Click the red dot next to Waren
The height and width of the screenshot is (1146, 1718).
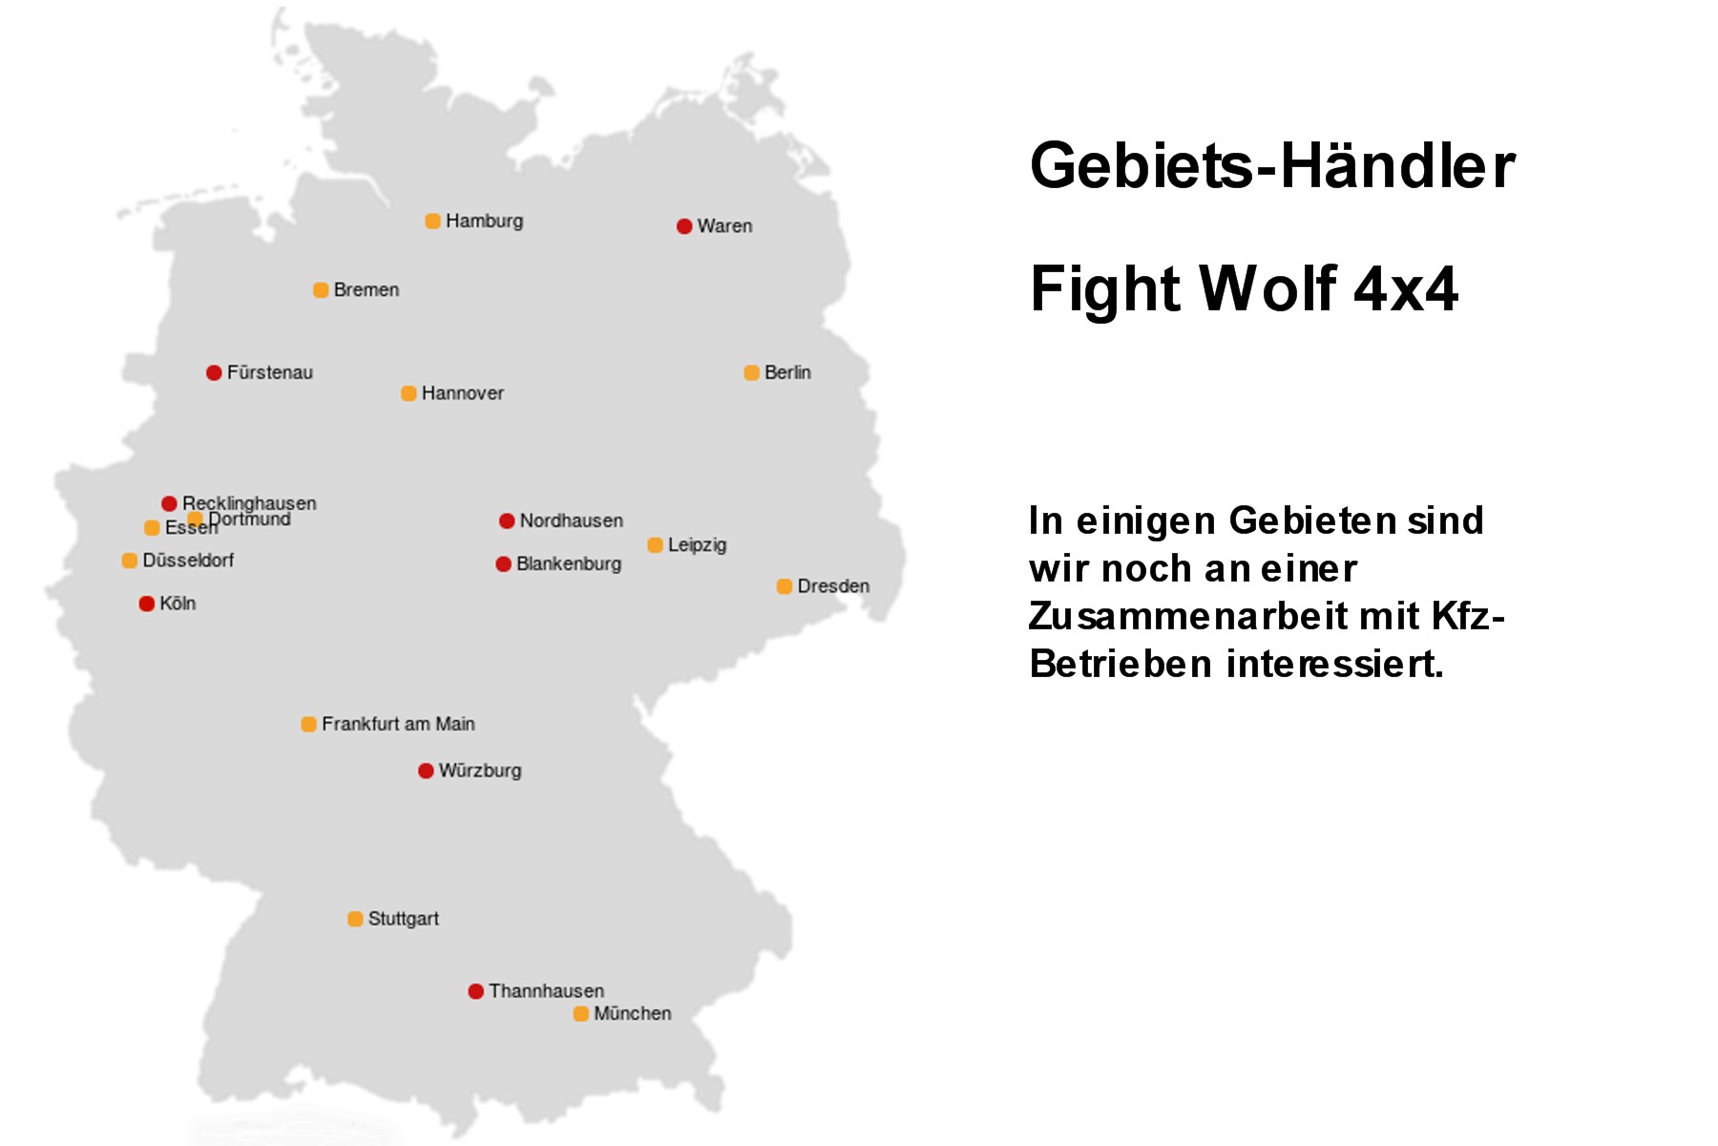coord(684,226)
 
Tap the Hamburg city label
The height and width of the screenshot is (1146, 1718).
coord(484,221)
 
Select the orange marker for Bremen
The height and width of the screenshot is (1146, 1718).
coord(321,290)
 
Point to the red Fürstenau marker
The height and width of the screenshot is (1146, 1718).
coord(214,372)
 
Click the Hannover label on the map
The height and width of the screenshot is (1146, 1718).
coord(462,393)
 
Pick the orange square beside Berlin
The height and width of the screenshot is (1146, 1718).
coord(751,372)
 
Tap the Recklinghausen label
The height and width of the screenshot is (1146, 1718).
coord(249,502)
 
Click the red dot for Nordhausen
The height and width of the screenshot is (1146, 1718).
coord(507,520)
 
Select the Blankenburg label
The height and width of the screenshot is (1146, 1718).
coord(569,563)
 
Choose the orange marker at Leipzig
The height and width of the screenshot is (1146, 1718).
coord(655,545)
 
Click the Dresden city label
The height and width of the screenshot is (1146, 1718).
coord(833,585)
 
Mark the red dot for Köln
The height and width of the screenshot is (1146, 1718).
coord(147,604)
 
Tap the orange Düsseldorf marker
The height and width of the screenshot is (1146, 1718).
coord(130,561)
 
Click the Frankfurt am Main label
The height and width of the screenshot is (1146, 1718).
coord(398,724)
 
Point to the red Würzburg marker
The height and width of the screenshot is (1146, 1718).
coord(426,771)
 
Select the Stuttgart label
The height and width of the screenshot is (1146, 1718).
coord(403,919)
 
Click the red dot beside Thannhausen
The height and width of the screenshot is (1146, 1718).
coord(475,991)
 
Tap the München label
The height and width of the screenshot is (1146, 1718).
coord(632,1013)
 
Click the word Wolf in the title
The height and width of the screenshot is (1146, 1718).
coord(1268,288)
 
